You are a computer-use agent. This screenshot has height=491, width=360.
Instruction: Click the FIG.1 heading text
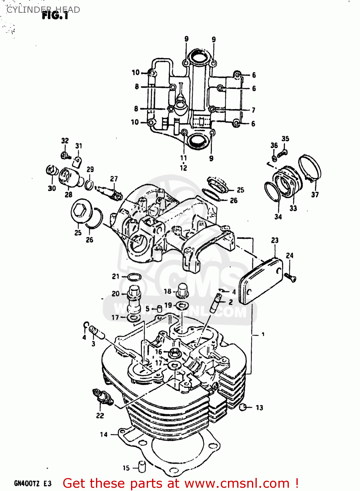55,15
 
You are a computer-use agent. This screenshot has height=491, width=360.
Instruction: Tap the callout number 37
314,195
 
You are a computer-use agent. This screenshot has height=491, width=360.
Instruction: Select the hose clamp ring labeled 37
310,167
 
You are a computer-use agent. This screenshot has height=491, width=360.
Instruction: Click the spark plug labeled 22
103,397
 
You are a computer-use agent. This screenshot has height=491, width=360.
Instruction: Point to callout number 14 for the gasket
104,434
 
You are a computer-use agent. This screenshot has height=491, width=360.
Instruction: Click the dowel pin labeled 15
142,466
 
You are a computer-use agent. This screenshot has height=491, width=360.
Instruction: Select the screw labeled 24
290,277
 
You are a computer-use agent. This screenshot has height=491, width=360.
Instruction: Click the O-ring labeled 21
134,277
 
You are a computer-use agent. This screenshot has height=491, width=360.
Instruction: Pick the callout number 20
115,294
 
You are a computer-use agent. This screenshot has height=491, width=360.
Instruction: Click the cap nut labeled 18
182,290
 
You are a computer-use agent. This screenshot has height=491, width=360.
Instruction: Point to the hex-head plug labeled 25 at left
80,211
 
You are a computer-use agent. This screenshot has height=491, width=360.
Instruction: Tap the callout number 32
65,141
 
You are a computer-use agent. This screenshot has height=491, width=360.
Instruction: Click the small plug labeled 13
243,407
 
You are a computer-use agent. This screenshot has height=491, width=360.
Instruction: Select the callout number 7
253,110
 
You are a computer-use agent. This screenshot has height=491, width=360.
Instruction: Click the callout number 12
183,168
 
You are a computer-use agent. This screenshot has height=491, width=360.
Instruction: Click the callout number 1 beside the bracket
263,335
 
